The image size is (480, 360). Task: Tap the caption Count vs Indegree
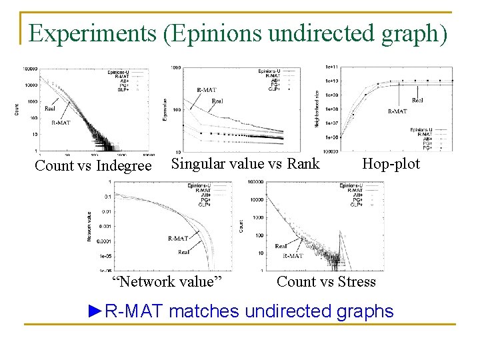93,166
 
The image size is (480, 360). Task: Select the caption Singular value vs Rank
245,163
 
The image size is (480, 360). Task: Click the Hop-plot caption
391,163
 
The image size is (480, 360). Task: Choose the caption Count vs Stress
326,281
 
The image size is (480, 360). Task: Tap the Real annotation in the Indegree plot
50,108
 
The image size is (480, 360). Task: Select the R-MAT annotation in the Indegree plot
61,123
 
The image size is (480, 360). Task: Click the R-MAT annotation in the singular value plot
206,90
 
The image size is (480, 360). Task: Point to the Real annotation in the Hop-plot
417,100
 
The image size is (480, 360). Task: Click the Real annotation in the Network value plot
183,252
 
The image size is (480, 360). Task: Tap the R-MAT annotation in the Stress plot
293,255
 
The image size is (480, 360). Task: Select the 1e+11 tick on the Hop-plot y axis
331,67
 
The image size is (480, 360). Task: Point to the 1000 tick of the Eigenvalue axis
175,67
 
